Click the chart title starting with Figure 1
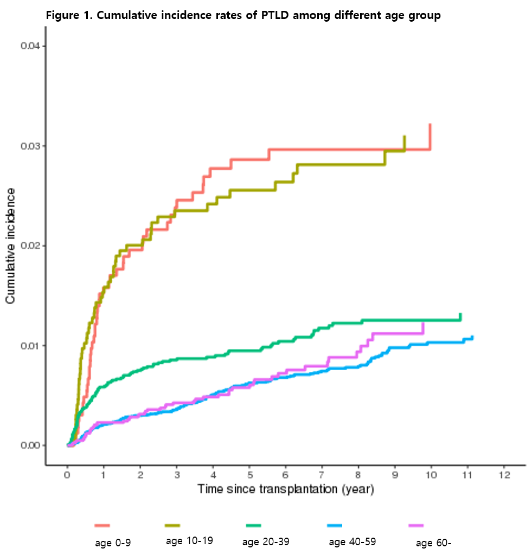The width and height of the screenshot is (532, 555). pyautogui.click(x=243, y=15)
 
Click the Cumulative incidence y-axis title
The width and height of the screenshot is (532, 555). pyautogui.click(x=10, y=246)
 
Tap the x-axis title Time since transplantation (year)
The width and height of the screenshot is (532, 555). pyautogui.click(x=286, y=489)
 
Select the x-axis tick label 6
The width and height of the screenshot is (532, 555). pyautogui.click(x=286, y=475)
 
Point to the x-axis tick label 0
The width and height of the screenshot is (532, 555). pyautogui.click(x=67, y=475)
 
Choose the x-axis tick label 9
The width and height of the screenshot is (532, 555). pyautogui.click(x=395, y=475)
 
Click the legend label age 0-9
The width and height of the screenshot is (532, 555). pyautogui.click(x=113, y=543)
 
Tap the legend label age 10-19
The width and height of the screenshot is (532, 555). pyautogui.click(x=189, y=540)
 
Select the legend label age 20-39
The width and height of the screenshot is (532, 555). pyautogui.click(x=266, y=542)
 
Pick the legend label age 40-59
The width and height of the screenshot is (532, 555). pyautogui.click(x=352, y=541)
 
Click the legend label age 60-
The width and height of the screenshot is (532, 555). pyautogui.click(x=433, y=543)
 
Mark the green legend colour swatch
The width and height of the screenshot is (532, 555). pyautogui.click(x=253, y=525)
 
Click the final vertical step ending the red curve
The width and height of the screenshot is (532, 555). pyautogui.click(x=430, y=137)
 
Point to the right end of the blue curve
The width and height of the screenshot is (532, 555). pyautogui.click(x=472, y=337)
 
